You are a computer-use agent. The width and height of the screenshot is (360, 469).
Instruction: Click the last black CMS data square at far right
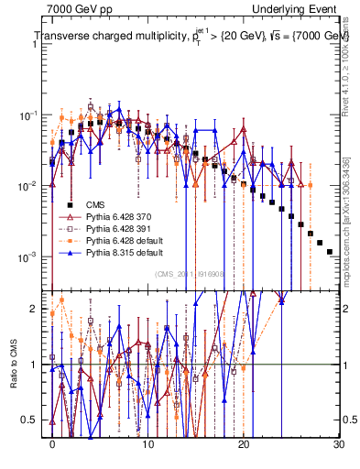(330, 250)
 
